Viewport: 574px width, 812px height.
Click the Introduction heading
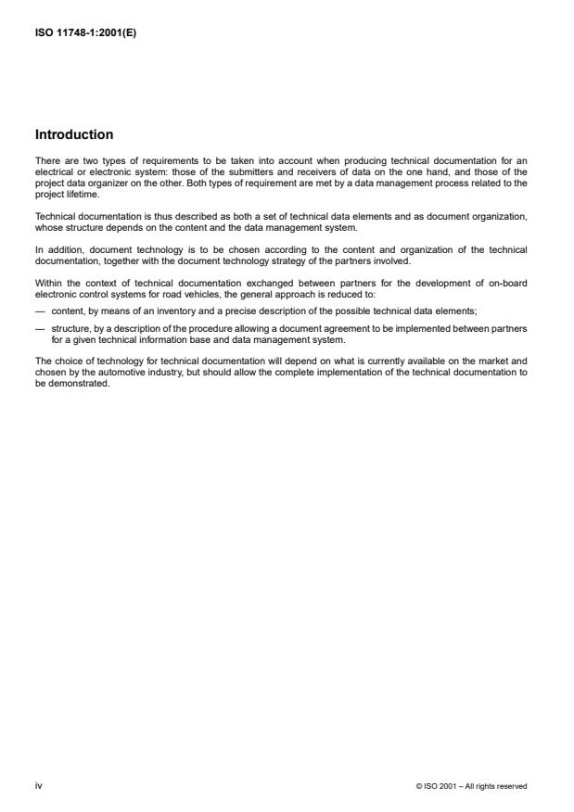(x=74, y=134)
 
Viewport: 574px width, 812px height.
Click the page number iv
(x=38, y=786)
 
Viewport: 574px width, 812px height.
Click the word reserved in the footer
(x=511, y=786)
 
